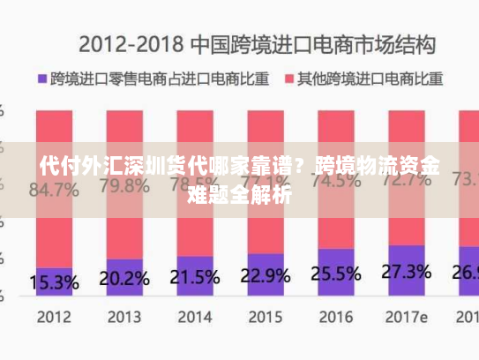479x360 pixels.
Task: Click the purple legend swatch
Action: pyautogui.click(x=41, y=79)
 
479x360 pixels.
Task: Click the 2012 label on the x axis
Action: pyautogui.click(x=55, y=315)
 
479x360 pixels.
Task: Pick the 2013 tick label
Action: pyautogui.click(x=124, y=315)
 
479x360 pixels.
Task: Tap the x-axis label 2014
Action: pyautogui.click(x=194, y=315)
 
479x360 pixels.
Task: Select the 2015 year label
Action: pyautogui.click(x=265, y=315)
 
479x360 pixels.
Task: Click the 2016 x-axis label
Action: pyautogui.click(x=335, y=315)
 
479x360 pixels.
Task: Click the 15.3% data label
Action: pyautogui.click(x=55, y=282)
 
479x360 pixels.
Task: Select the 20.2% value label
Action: pyautogui.click(x=124, y=279)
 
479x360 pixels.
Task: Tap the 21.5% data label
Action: pyautogui.click(x=194, y=277)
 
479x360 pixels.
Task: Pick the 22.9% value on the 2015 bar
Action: pyautogui.click(x=265, y=275)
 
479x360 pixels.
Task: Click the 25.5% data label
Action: pyautogui.click(x=335, y=273)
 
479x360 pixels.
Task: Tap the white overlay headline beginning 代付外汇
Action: pyautogui.click(x=240, y=179)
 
